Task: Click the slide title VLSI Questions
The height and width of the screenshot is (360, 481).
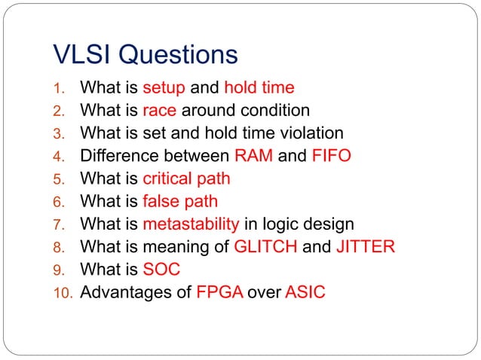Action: (146, 54)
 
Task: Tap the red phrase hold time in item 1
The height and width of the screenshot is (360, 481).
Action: (259, 87)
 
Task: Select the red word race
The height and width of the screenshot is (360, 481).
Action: (159, 110)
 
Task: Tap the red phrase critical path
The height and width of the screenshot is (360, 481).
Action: (186, 178)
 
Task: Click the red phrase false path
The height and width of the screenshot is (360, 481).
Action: (180, 201)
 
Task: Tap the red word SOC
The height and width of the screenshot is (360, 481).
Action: (161, 269)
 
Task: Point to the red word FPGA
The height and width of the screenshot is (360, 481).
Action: (219, 291)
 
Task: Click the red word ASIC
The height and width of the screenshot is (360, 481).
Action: (305, 291)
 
